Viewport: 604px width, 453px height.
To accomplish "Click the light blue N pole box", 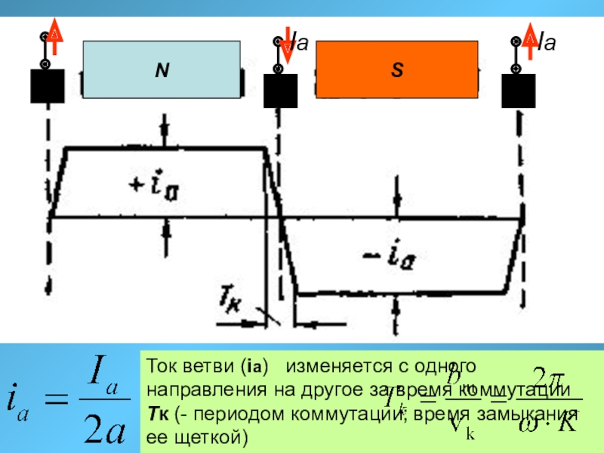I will [x=162, y=70].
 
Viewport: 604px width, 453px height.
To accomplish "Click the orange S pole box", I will [x=397, y=70].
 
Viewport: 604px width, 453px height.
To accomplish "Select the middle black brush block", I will [x=280, y=90].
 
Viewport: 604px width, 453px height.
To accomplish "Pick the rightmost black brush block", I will [x=519, y=90].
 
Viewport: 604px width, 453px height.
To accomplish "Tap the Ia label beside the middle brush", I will [x=300, y=42].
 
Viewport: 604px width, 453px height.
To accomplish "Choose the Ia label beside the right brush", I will [x=545, y=42].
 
